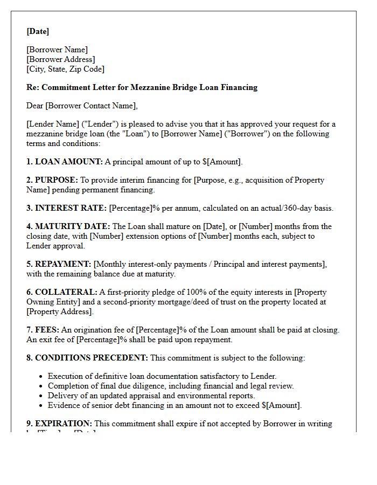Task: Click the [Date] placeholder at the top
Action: (38, 31)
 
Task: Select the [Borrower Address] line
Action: (60, 59)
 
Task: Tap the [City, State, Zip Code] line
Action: (65, 69)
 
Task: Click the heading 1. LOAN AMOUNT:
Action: (64, 162)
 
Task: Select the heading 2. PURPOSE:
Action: (52, 180)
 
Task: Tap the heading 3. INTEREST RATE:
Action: (66, 208)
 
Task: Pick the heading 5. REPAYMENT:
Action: (59, 264)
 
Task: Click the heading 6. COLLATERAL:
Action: (61, 292)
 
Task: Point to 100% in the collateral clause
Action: (174, 292)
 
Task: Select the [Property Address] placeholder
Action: (59, 311)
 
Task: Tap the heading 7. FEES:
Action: (43, 330)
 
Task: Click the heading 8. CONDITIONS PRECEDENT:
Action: (87, 358)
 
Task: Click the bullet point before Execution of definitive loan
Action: (41, 377)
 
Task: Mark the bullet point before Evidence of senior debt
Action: (41, 406)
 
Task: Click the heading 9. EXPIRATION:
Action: (59, 424)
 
